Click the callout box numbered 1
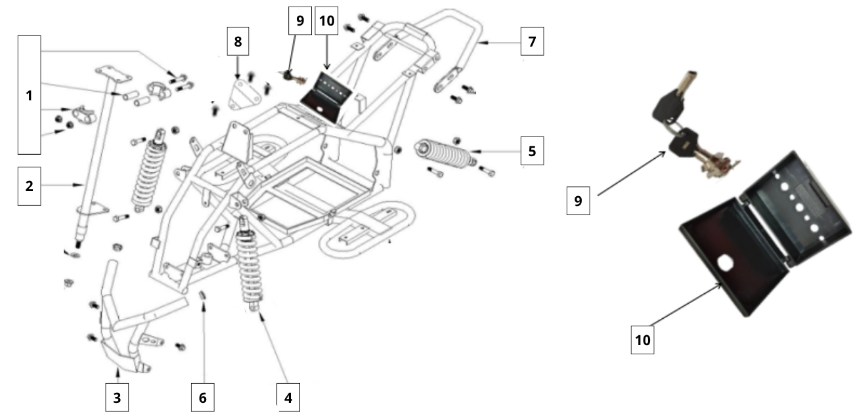[x=29, y=95]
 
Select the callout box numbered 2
[x=29, y=186]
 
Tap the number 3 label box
[x=116, y=396]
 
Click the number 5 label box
[x=532, y=151]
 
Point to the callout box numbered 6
[x=202, y=396]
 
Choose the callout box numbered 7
[x=532, y=42]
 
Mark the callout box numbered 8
[x=238, y=42]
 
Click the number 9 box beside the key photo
[x=578, y=201]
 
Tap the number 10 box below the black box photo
[x=642, y=340]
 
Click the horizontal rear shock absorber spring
[x=444, y=154]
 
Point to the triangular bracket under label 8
[x=241, y=93]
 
